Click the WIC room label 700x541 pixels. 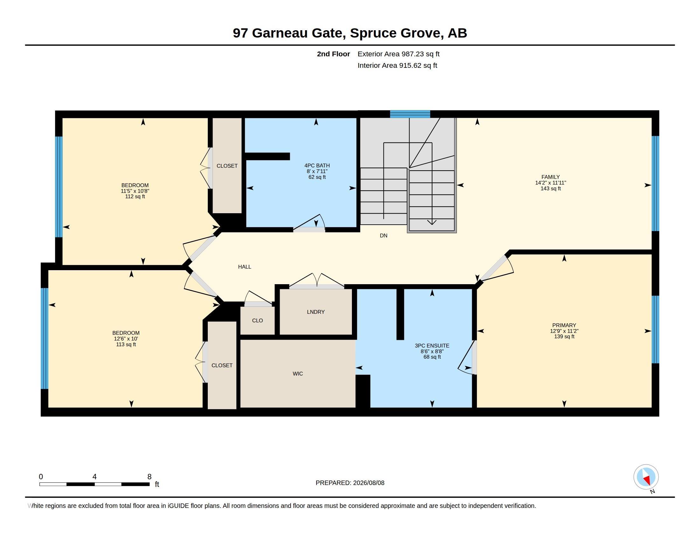point(298,374)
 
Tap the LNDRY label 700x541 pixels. point(316,312)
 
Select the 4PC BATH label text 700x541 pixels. point(317,166)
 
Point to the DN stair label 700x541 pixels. point(384,235)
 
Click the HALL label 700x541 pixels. point(245,267)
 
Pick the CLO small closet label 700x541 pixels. point(257,320)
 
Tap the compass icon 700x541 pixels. point(646,477)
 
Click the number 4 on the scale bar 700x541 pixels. point(94,477)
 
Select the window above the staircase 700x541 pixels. point(410,114)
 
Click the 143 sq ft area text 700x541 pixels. point(551,188)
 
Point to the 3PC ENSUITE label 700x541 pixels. point(432,346)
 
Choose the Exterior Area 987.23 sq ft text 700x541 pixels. point(398,54)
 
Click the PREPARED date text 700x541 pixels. point(350,483)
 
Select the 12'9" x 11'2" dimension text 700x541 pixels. point(564,331)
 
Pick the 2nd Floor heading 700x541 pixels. point(333,54)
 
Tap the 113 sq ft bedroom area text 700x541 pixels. point(126,345)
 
